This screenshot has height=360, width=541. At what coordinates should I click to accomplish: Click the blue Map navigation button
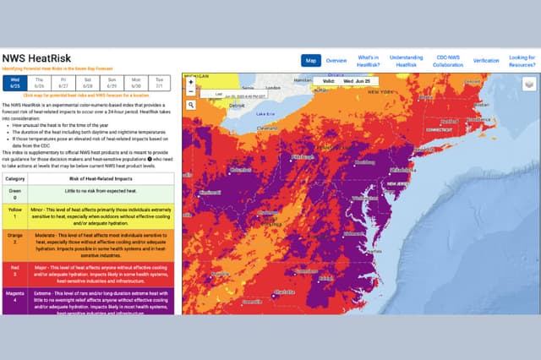click(310, 61)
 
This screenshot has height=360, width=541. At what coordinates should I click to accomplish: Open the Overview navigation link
click(336, 61)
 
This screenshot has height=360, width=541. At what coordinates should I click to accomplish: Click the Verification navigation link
click(485, 61)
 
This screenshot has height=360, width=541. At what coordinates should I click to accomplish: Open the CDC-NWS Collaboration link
click(448, 61)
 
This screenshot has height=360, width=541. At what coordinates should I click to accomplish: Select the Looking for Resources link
click(521, 61)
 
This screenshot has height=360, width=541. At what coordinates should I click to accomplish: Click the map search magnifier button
click(191, 106)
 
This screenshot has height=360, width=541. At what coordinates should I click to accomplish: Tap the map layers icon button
click(528, 84)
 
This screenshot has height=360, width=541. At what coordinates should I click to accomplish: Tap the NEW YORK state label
click(380, 91)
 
